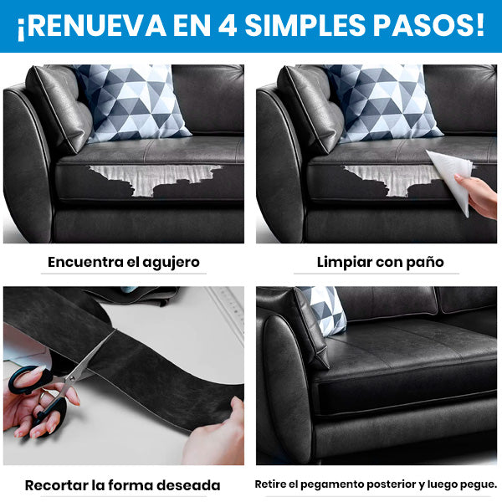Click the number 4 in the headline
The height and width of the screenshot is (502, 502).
[228, 25]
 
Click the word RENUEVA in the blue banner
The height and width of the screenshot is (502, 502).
[95, 25]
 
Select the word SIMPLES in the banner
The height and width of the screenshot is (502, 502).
[305, 25]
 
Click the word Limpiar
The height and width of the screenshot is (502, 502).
[345, 263]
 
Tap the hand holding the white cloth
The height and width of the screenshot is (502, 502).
[479, 196]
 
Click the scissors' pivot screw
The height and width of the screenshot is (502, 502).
[71, 378]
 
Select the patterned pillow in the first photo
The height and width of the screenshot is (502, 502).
[131, 102]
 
